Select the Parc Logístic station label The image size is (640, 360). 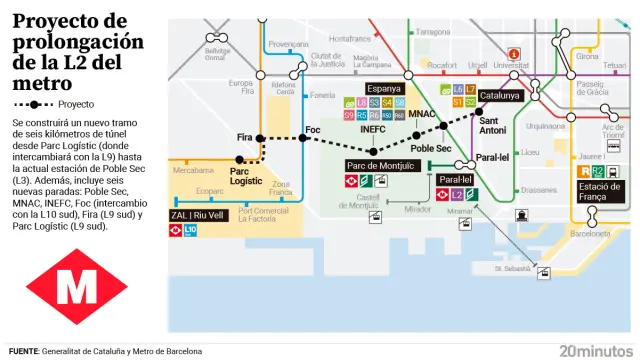point(246,176)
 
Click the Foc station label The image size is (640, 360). point(313,130)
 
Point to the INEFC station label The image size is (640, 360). point(372,129)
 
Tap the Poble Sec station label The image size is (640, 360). point(431,148)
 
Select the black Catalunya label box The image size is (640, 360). point(499,96)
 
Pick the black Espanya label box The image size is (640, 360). point(385,88)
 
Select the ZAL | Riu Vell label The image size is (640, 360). point(199,214)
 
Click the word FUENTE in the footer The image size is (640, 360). point(23,351)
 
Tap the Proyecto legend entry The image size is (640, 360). point(76,103)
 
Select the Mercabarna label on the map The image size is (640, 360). point(194,171)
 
